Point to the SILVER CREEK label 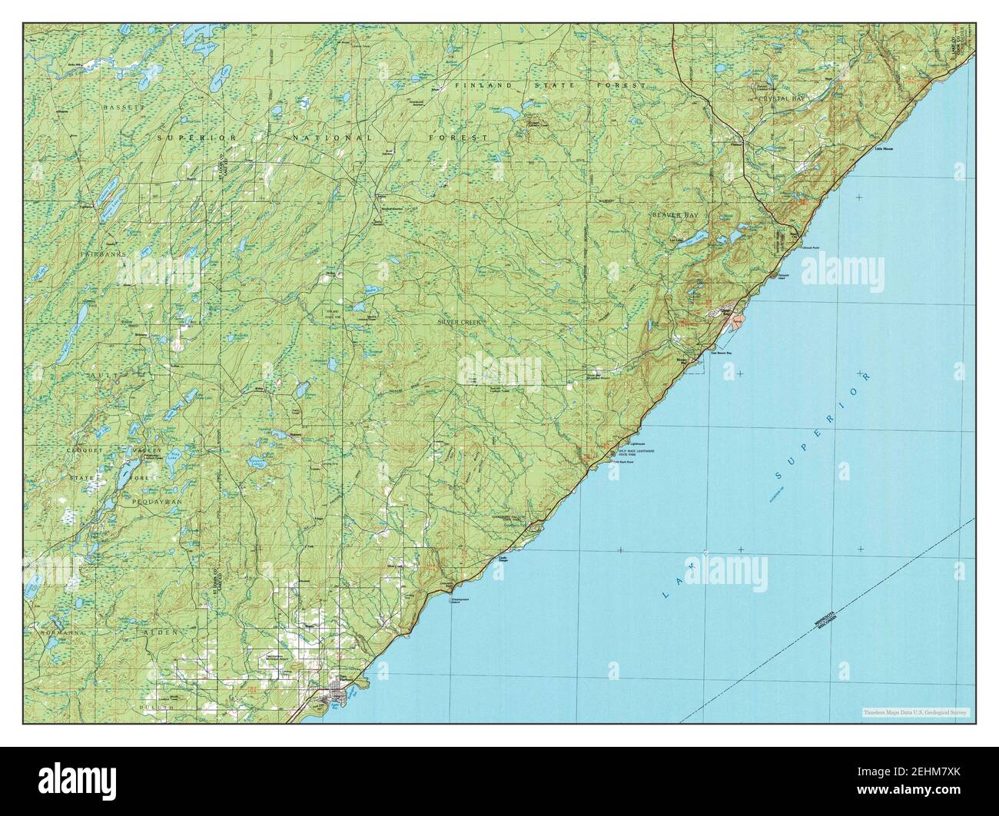coord(460,323)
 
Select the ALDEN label coord(161,631)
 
